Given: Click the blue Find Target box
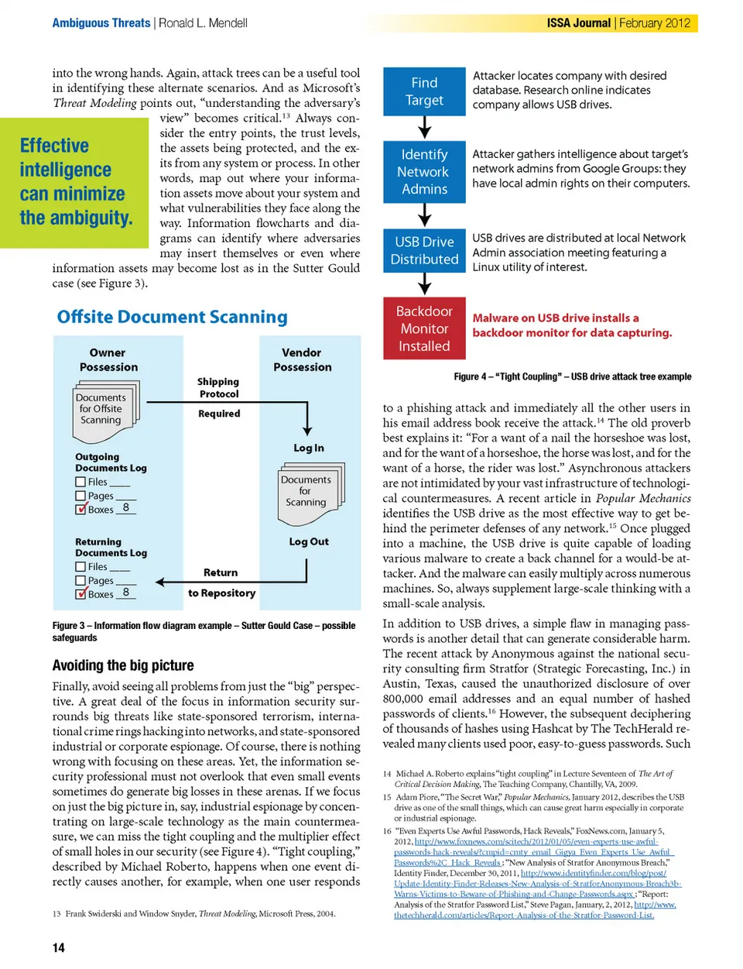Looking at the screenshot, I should (424, 91).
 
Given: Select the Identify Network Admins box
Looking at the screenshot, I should (424, 172).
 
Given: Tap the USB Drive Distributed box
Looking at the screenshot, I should (424, 251).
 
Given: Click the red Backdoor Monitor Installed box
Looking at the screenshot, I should (424, 328).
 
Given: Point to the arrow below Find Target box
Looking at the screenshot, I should (424, 127).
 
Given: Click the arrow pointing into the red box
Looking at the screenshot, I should (424, 284).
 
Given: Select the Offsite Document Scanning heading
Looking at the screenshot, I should (172, 317).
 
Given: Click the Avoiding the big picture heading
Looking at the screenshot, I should (123, 665).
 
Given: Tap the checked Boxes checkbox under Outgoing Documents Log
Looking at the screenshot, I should (80, 509).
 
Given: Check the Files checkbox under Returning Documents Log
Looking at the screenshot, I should (80, 567).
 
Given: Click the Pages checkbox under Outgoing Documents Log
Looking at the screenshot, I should (80, 496).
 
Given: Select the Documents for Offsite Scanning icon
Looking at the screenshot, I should (106, 407).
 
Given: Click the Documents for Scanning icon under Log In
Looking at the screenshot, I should (310, 490).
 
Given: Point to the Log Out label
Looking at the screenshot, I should (309, 541).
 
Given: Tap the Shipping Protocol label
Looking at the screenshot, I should (218, 388).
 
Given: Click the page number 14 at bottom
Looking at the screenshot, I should (59, 947).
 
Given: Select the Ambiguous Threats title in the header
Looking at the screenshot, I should (101, 23).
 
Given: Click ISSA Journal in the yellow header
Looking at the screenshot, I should (578, 23).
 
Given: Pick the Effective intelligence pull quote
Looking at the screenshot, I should (76, 182).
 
